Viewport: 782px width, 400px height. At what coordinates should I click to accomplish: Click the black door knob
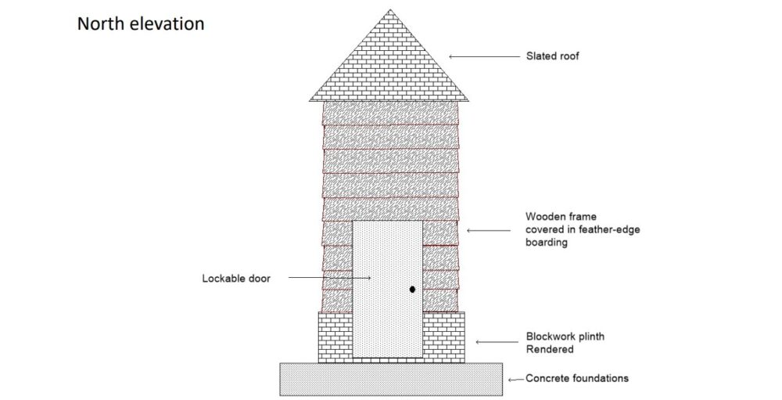(412, 289)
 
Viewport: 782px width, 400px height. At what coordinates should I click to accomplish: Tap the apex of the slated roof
(390, 9)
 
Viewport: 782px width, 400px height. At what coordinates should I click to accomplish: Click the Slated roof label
(553, 56)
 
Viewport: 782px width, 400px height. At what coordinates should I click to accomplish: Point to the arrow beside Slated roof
(484, 56)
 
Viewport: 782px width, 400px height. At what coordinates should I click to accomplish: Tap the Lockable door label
(236, 278)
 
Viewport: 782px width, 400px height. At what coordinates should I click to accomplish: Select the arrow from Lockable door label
(330, 278)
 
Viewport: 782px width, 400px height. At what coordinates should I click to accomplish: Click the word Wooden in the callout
(544, 217)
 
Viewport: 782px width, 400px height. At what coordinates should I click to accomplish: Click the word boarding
(546, 243)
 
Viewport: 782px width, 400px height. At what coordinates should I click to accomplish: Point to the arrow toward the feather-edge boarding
(488, 230)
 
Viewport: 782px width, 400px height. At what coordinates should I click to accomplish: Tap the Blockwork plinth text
(565, 336)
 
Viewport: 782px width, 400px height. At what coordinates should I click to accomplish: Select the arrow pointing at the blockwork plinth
(497, 342)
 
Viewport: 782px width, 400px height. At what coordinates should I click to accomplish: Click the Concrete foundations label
(577, 378)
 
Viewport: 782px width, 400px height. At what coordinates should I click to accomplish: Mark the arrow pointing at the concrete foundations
(516, 380)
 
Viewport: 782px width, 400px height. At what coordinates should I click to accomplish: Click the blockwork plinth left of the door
(335, 337)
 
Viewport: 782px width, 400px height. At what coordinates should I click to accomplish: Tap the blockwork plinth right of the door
(444, 337)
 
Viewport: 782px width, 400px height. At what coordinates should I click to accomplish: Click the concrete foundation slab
(391, 380)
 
